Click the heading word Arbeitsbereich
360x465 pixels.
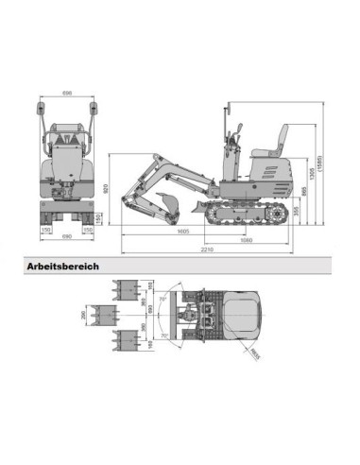click(63, 266)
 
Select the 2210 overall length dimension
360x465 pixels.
click(206, 250)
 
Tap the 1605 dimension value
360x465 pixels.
click(183, 232)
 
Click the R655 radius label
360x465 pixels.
click(255, 354)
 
